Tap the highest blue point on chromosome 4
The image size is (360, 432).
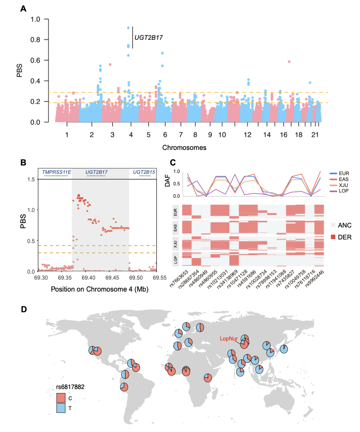pos(128,28)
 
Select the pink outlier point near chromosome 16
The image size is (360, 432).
pos(289,62)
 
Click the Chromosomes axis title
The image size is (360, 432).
pos(184,148)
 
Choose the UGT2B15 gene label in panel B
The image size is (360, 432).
pos(144,172)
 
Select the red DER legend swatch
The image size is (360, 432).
pos(334,237)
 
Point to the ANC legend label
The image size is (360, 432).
pos(344,225)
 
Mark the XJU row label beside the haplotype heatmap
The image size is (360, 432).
pos(176,244)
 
